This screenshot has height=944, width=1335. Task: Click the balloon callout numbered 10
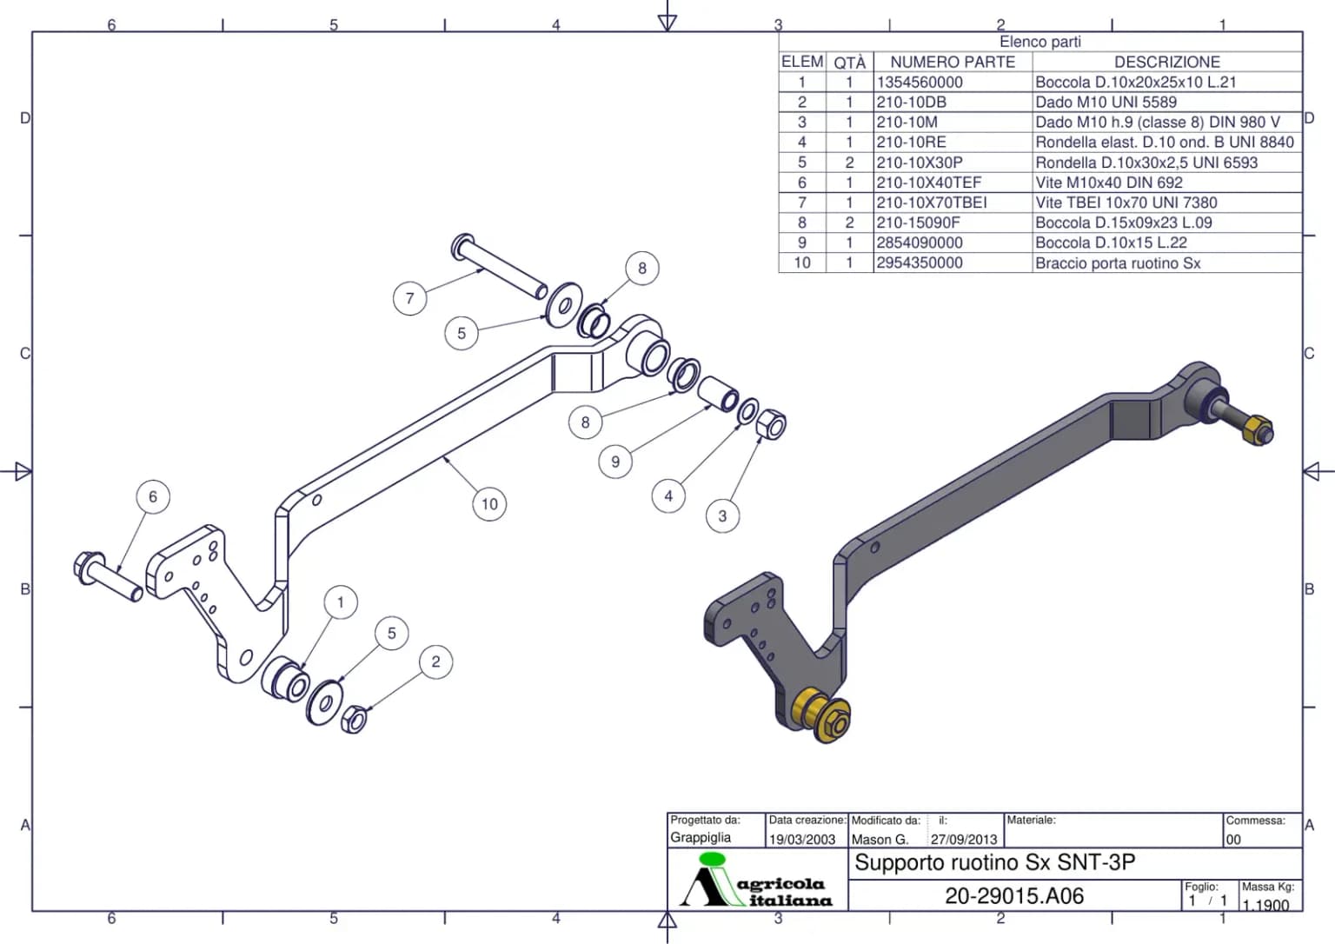(x=489, y=504)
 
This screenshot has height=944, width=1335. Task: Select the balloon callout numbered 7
(x=410, y=298)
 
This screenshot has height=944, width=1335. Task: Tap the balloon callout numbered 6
(x=153, y=496)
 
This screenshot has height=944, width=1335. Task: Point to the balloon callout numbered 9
(x=615, y=462)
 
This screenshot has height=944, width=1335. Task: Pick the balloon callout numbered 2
(x=435, y=661)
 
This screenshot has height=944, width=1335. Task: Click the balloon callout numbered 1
(x=341, y=602)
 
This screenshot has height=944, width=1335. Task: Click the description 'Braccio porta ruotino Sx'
(x=1118, y=263)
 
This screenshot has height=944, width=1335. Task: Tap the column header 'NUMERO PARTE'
(x=953, y=62)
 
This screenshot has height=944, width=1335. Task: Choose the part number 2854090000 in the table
(x=920, y=243)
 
